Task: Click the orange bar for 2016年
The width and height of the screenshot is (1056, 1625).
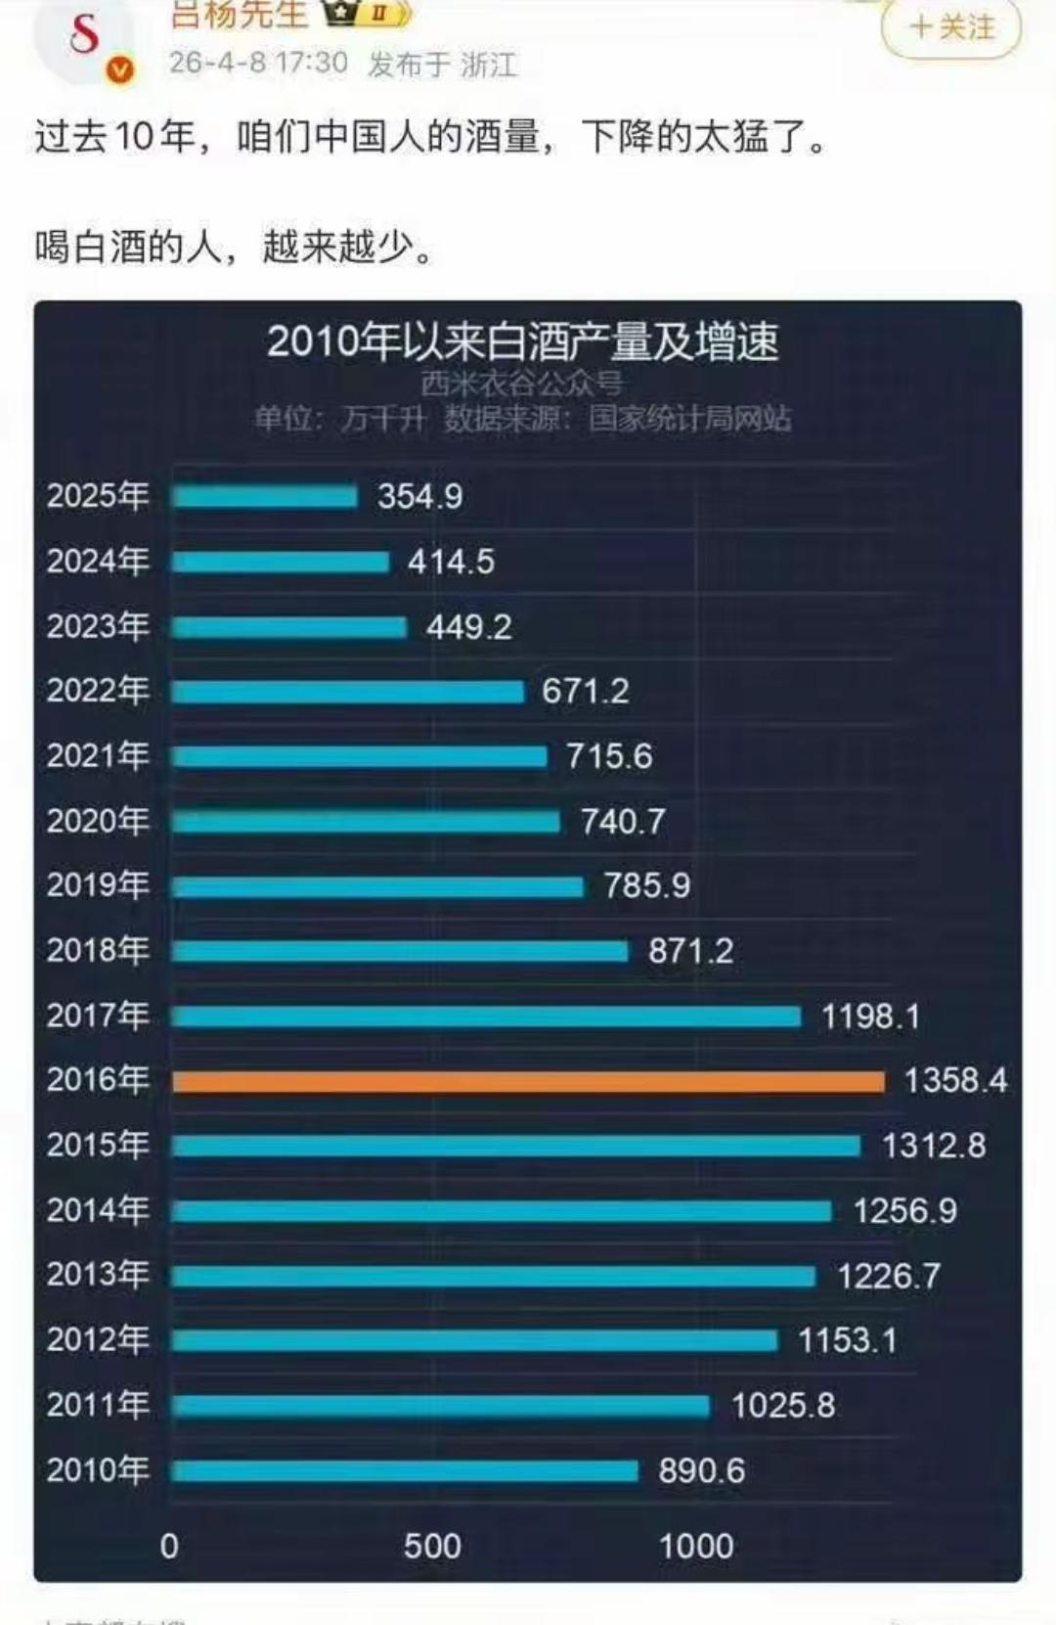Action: (x=528, y=1081)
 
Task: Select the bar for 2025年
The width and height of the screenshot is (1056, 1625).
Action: (x=265, y=497)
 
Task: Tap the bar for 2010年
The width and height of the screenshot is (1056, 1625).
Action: (x=405, y=1470)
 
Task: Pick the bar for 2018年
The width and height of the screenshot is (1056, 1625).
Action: (x=400, y=951)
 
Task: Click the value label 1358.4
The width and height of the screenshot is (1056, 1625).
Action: (x=954, y=1080)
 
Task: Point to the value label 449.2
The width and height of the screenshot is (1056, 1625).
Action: (x=468, y=626)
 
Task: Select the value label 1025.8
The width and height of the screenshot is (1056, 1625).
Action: (x=782, y=1406)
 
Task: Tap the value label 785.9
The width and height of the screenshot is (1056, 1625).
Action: (x=646, y=885)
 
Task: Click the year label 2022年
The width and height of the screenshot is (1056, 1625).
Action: (x=98, y=691)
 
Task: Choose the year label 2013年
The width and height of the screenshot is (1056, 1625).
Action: (x=98, y=1275)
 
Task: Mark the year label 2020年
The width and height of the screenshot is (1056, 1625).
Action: (x=98, y=821)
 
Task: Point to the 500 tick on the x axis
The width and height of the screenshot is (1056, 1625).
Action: (x=432, y=1546)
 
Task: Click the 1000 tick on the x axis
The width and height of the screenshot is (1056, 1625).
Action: (x=695, y=1546)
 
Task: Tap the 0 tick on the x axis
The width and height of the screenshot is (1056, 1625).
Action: (x=169, y=1546)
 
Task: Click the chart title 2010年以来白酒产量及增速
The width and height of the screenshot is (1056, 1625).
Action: (x=522, y=341)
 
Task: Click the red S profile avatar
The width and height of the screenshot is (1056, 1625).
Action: (x=84, y=34)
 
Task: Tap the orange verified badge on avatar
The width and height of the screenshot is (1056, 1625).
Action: (x=120, y=70)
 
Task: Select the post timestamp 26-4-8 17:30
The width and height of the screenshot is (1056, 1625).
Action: (x=258, y=63)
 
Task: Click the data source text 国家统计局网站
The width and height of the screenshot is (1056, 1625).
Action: (x=689, y=419)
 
